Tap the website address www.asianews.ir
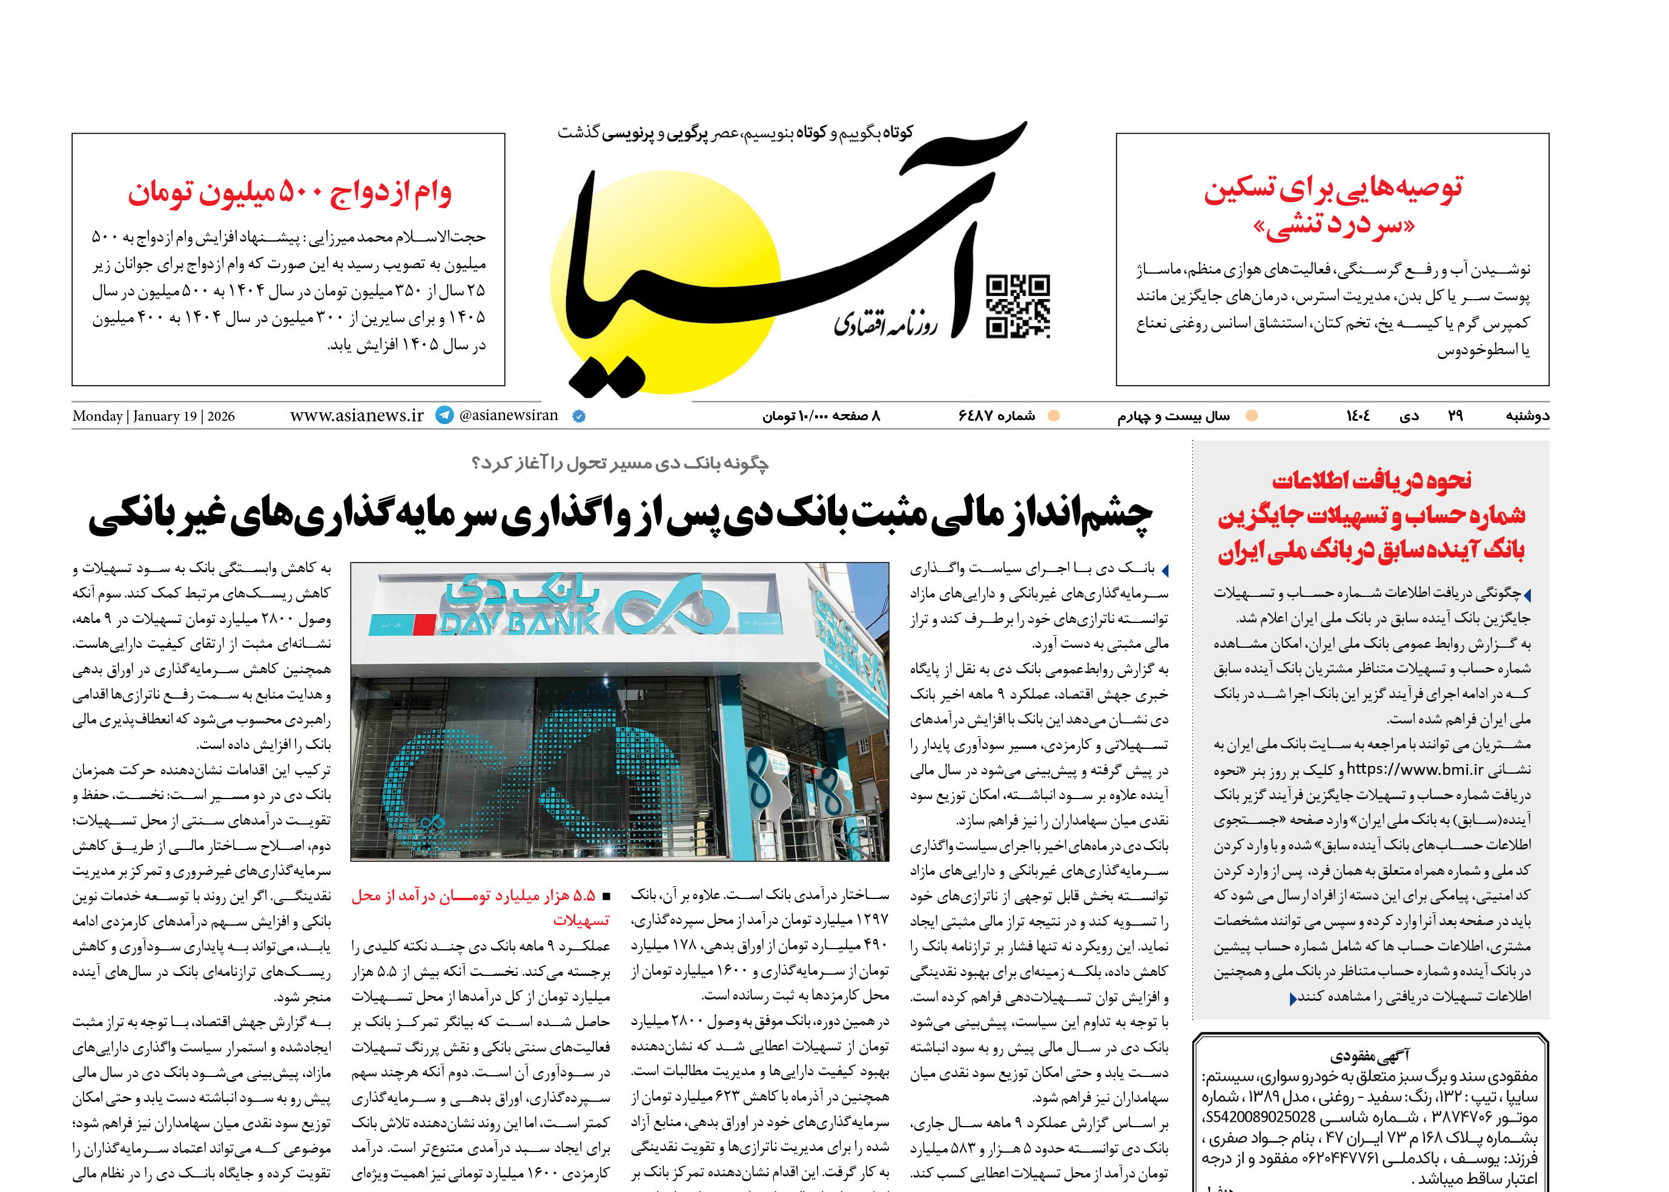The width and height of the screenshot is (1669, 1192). (357, 415)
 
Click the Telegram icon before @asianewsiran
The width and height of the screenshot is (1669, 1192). (445, 415)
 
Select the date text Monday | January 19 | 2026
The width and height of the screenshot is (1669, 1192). (153, 416)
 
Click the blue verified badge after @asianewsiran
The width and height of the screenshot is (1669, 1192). (578, 416)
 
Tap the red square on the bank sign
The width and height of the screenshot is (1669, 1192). (424, 625)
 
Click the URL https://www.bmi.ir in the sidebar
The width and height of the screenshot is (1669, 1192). (1414, 769)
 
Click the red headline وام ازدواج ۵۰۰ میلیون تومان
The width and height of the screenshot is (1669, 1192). (289, 193)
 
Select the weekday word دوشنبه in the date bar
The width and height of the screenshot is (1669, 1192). (1527, 416)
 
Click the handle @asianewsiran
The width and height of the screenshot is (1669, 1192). (508, 415)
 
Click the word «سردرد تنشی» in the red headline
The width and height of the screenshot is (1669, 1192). (1334, 226)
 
